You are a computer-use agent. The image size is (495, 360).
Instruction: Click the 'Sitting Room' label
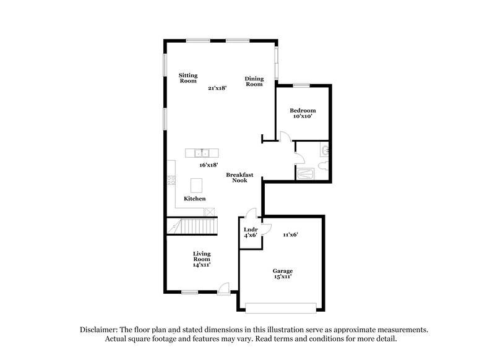click(188, 78)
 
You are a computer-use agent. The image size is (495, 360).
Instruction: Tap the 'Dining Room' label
click(254, 81)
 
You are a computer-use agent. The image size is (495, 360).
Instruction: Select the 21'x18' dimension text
click(217, 88)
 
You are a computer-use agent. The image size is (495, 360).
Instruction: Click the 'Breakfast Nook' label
click(239, 178)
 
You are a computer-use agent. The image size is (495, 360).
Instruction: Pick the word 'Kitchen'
click(194, 199)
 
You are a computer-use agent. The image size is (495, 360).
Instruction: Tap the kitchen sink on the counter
click(202, 153)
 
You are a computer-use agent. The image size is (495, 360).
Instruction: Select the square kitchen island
click(197, 186)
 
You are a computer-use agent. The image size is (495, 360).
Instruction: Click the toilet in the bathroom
click(323, 164)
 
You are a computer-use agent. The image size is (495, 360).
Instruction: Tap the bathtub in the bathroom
click(306, 175)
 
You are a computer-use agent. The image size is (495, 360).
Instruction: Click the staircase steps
click(193, 227)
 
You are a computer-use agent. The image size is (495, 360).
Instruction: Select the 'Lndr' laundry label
click(250, 229)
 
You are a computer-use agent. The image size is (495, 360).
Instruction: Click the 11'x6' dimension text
click(291, 235)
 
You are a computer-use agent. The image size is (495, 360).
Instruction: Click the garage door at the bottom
click(282, 306)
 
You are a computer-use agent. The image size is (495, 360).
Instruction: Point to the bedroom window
click(302, 85)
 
